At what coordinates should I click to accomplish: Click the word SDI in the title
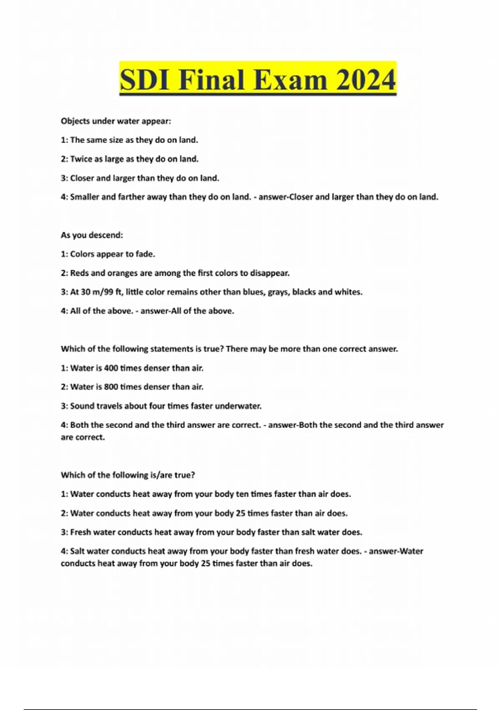click(x=145, y=80)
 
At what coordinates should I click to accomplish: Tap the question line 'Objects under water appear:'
click(x=116, y=121)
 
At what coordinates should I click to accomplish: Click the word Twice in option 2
click(x=81, y=159)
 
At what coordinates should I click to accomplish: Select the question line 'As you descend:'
click(x=92, y=235)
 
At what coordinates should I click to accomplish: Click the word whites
click(x=349, y=292)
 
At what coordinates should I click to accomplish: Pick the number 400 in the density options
click(x=111, y=368)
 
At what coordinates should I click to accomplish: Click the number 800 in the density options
click(x=111, y=387)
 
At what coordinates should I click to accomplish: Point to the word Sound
click(x=82, y=406)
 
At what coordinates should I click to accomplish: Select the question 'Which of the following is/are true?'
click(x=128, y=475)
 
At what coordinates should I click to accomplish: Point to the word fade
click(x=145, y=254)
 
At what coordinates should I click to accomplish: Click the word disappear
click(x=269, y=273)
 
